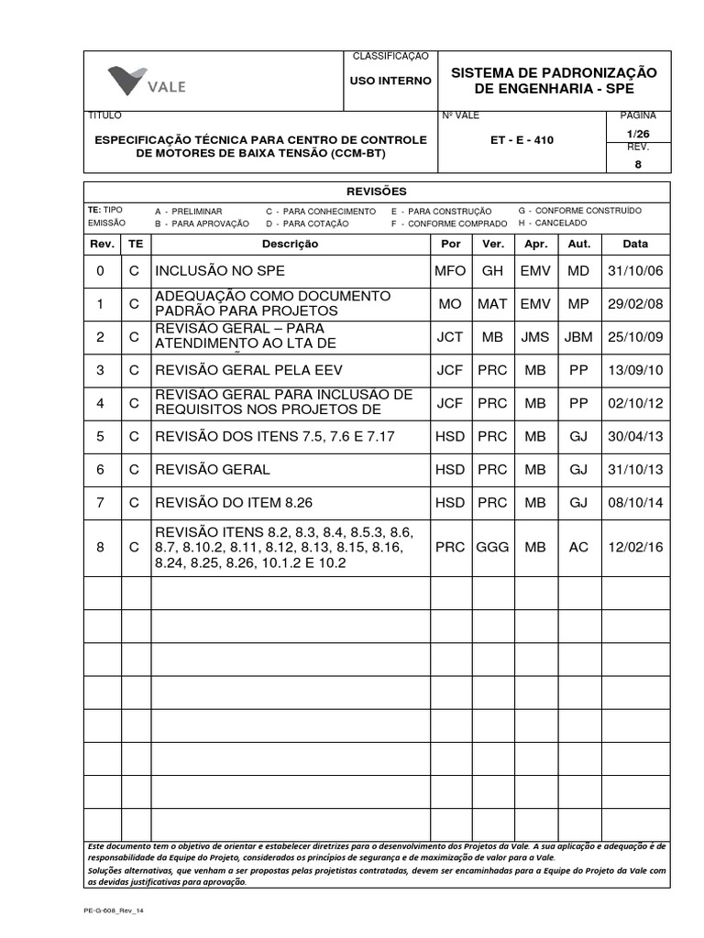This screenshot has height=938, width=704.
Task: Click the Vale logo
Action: [x=147, y=81]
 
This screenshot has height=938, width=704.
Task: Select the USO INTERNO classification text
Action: [x=390, y=81]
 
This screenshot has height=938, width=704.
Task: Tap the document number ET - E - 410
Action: [x=522, y=140]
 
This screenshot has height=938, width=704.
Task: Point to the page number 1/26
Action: [x=638, y=134]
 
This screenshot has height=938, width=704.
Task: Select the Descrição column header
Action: [x=290, y=245]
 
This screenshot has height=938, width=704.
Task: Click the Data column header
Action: [x=635, y=245]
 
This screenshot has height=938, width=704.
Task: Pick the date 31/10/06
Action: [x=635, y=271]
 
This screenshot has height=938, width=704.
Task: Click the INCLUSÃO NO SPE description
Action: [x=220, y=271]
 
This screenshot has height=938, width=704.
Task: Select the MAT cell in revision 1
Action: [x=492, y=303]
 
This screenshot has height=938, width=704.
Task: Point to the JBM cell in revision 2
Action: [x=578, y=337]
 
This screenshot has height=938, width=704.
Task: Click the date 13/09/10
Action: [x=635, y=370]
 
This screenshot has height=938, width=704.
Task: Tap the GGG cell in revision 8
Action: [x=492, y=547]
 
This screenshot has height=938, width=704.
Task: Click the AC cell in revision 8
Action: [x=578, y=547]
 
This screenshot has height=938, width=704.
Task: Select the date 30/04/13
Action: [x=635, y=437]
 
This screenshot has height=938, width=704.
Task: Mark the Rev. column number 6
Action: [x=101, y=470]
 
